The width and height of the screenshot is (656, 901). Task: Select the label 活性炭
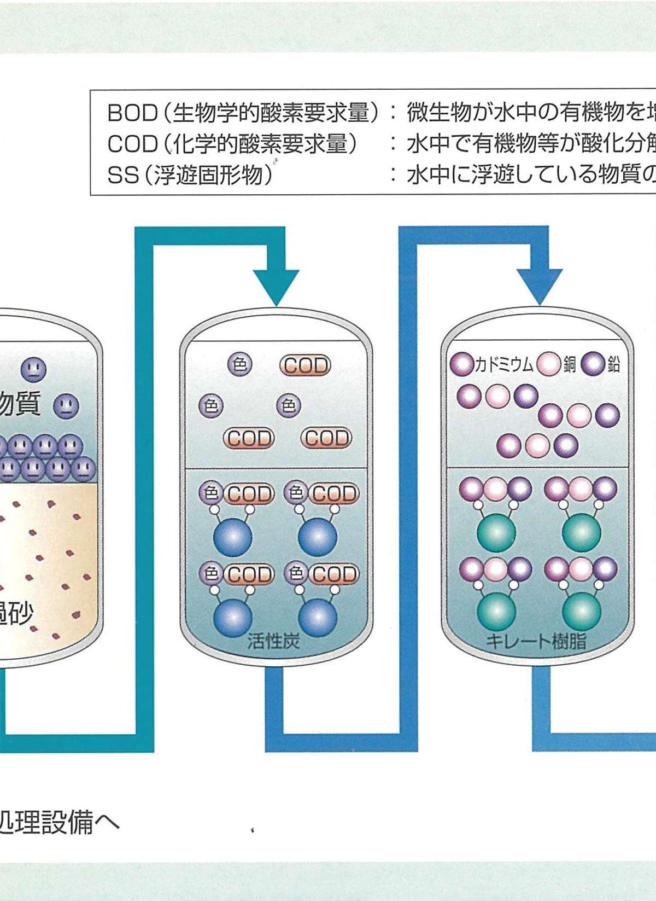273,641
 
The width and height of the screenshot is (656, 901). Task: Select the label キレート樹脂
535,641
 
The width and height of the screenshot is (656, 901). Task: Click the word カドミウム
503,364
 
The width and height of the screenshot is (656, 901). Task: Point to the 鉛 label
613,364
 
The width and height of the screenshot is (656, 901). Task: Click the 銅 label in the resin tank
570,364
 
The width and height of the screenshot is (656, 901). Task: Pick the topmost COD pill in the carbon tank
305,365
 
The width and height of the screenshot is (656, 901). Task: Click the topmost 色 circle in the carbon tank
240,364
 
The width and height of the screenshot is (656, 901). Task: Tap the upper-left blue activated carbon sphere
233,537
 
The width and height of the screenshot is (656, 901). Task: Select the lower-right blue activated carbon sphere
318,618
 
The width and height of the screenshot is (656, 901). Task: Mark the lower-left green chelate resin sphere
496,612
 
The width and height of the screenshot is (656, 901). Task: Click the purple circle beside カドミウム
462,364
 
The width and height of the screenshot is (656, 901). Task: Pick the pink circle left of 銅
548,364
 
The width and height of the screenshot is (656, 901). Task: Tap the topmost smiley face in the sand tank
33,369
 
